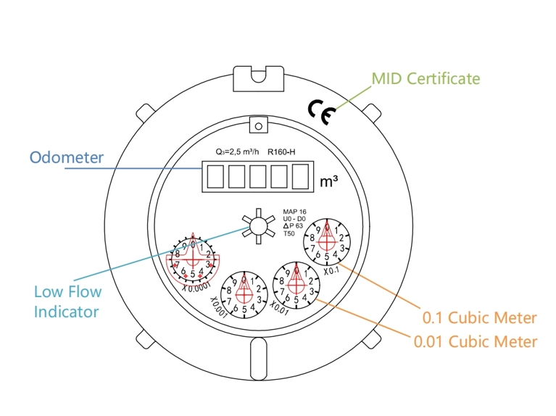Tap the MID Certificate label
coord(425,78)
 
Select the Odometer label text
coord(66,157)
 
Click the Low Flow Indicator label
coord(67,301)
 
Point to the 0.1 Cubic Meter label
coord(479,318)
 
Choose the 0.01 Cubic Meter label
coord(475,341)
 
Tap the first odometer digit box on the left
coord(214,176)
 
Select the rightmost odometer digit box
coord(301,176)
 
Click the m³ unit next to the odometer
coord(328,180)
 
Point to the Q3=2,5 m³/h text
coord(237,153)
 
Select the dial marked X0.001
coord(244,294)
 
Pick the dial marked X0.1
coord(327,242)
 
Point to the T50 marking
coord(289,233)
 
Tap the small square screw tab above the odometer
coord(256,124)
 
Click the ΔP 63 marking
coord(294,226)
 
